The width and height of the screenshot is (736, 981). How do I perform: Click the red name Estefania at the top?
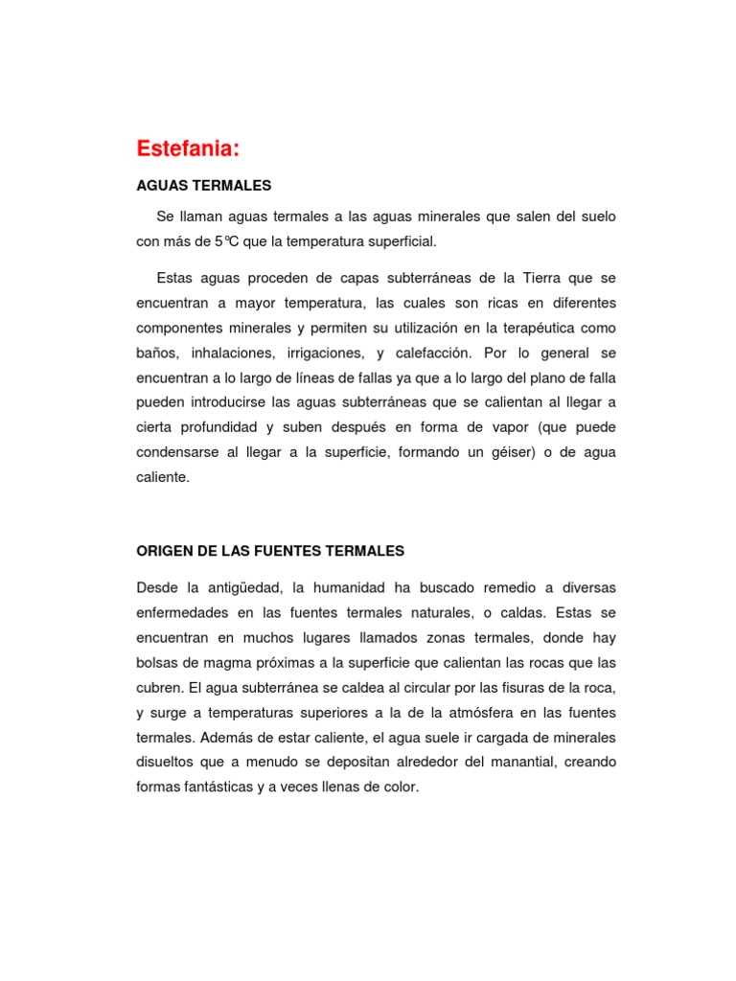click(x=187, y=148)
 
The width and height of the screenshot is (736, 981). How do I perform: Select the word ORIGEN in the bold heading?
click(x=163, y=551)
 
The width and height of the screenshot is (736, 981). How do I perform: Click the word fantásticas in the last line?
click(x=225, y=787)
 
